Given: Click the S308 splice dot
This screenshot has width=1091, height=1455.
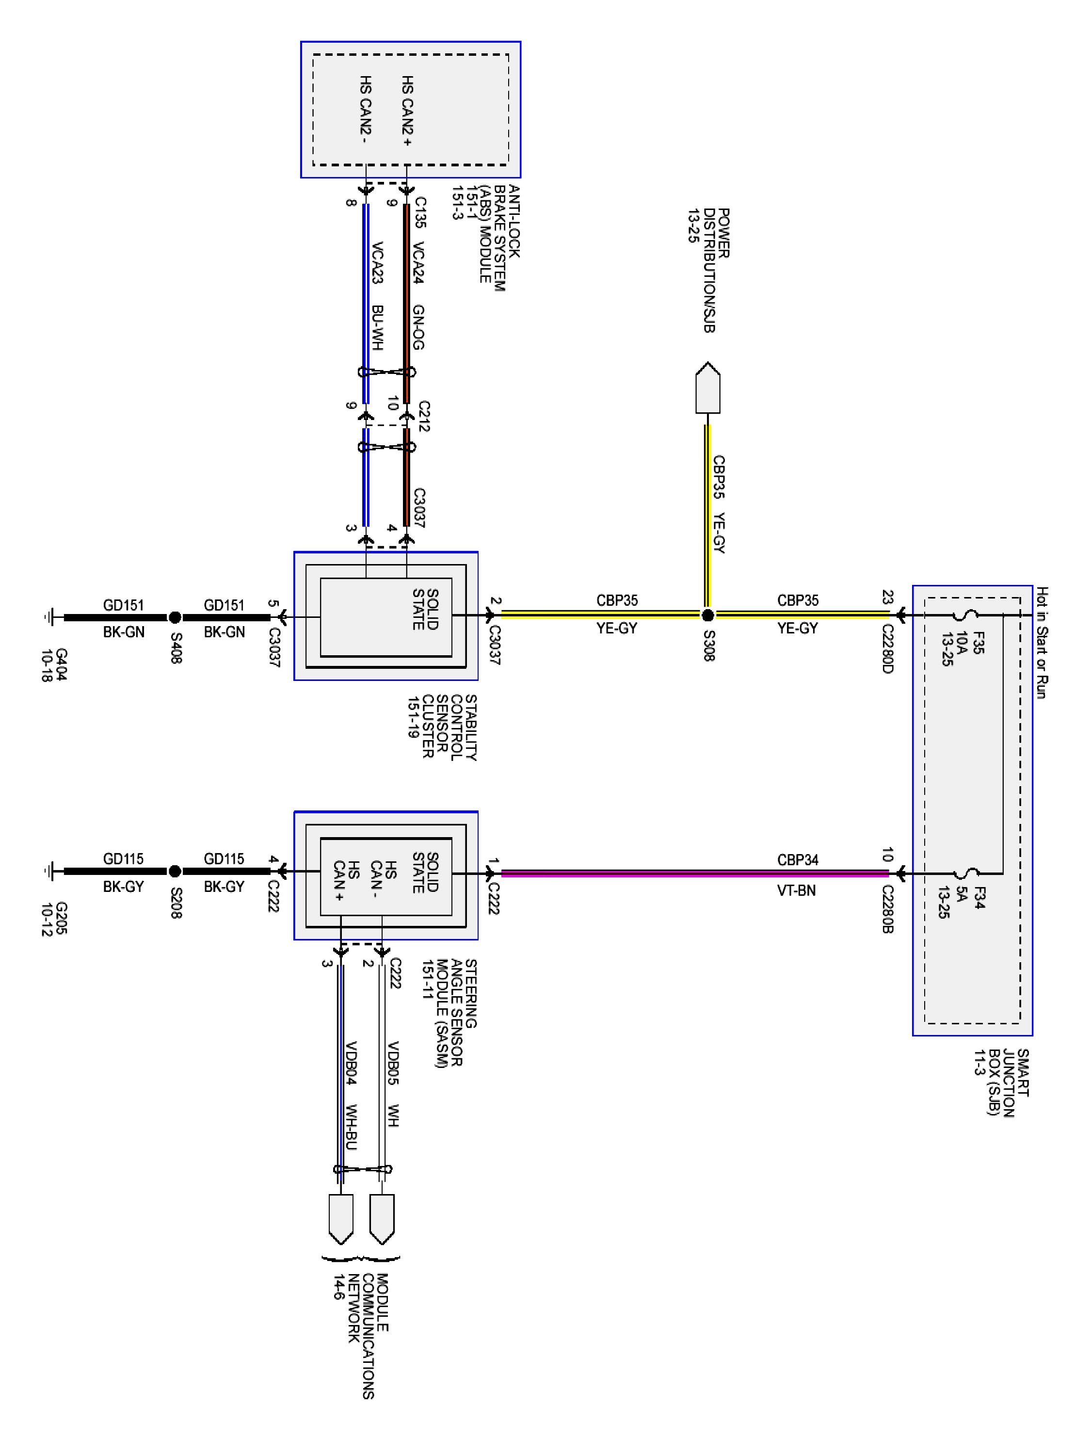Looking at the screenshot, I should click(x=707, y=615).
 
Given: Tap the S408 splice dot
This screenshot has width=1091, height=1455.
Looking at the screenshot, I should click(x=175, y=617).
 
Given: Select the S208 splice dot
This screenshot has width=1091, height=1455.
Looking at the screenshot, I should click(x=175, y=872).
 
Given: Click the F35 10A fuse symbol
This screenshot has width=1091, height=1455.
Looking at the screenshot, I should click(x=965, y=615).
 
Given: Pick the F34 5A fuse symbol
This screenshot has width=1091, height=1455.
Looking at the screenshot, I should click(x=965, y=874).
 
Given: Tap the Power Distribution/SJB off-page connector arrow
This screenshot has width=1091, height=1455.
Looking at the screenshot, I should click(x=707, y=388).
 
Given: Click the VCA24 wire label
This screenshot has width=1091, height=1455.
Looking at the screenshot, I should click(x=418, y=263).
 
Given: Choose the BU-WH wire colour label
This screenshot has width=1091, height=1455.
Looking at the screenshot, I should click(x=377, y=327).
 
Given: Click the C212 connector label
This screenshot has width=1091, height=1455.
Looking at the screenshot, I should click(x=423, y=416).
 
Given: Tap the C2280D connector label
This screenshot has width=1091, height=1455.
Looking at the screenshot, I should click(x=887, y=650).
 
